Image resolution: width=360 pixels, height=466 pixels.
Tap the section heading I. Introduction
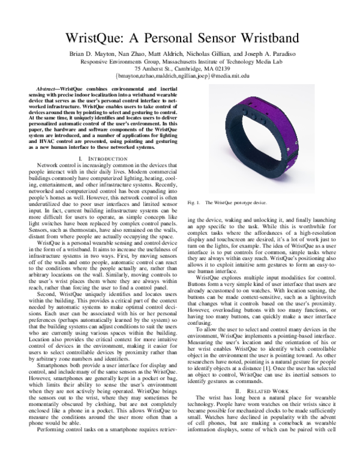coord(103,158)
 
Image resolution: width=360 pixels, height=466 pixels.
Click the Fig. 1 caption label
coord(193,204)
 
